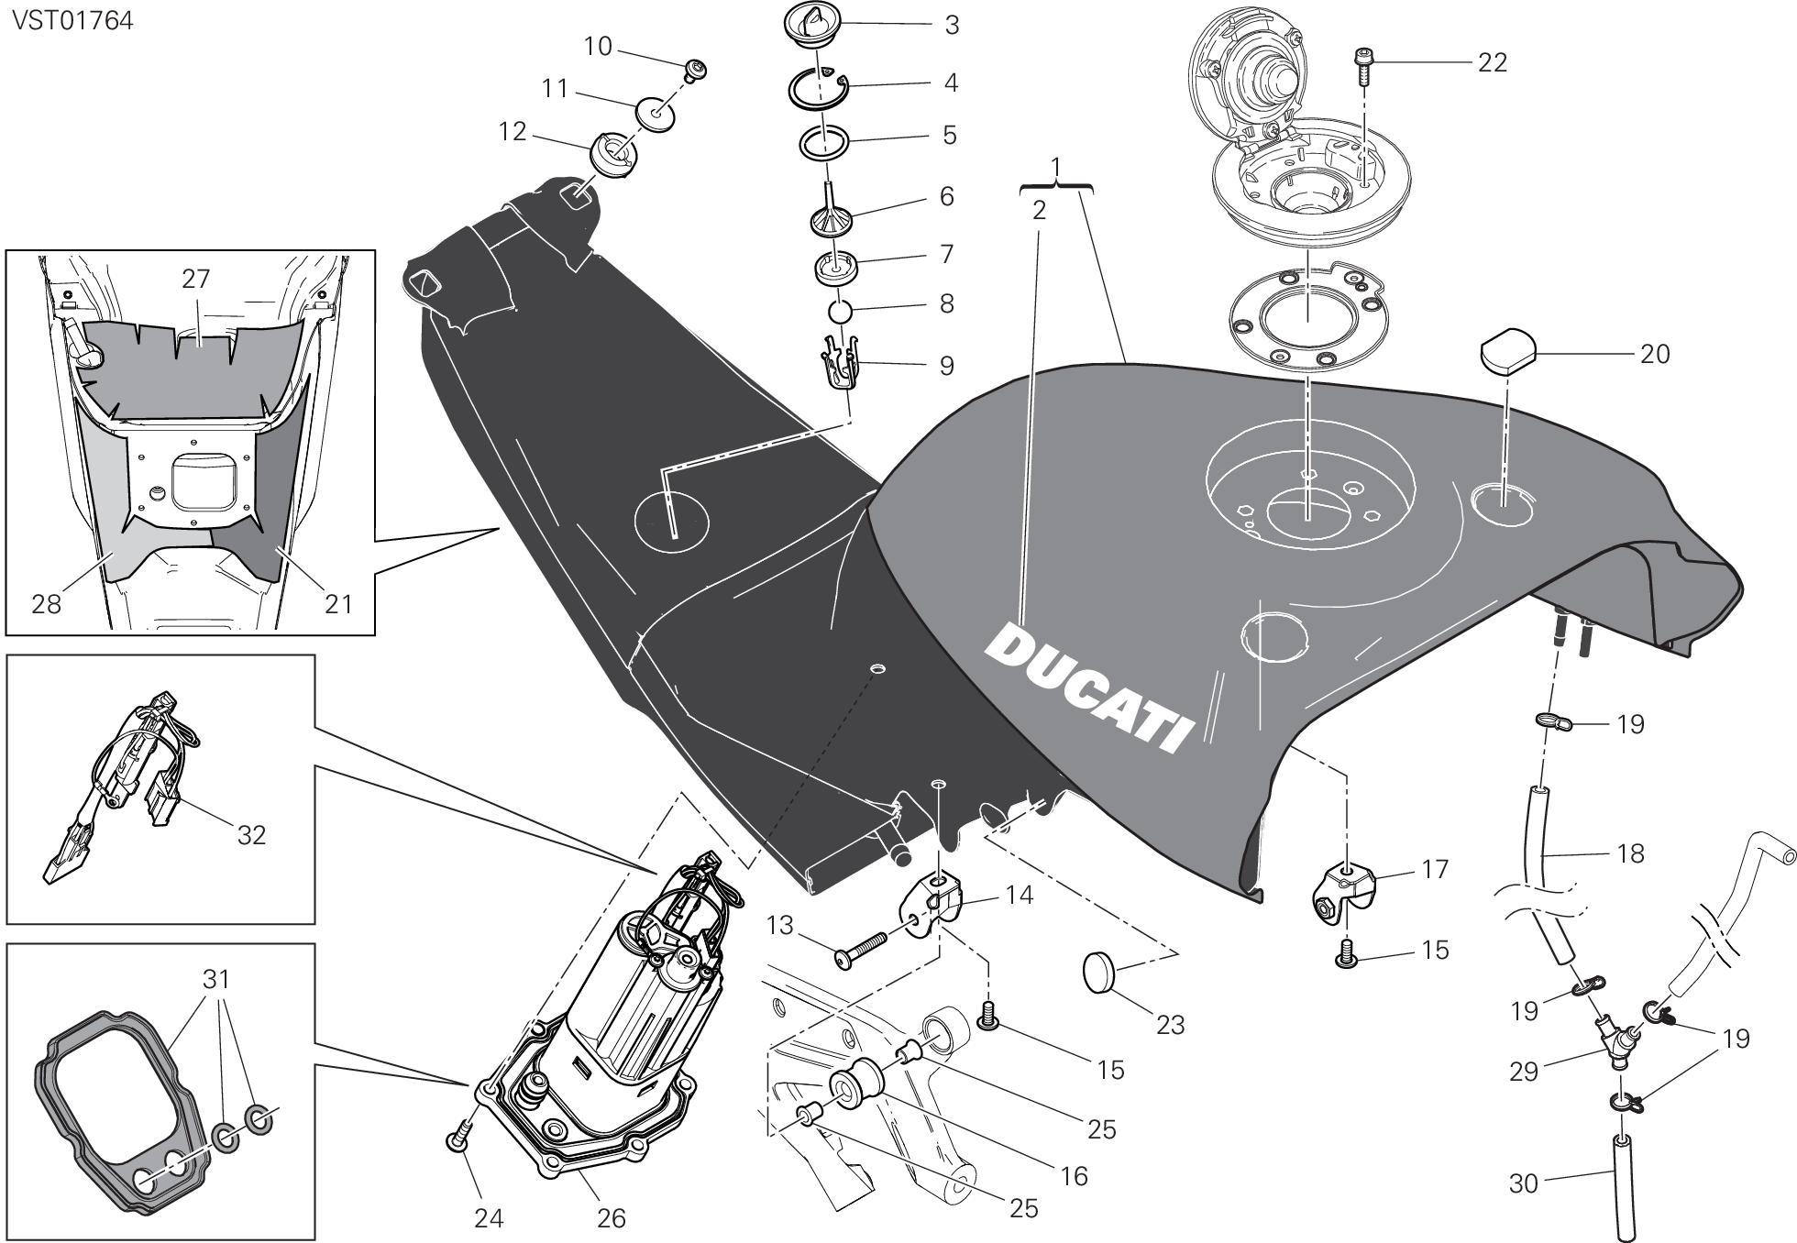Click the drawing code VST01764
(73, 20)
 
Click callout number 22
(1493, 62)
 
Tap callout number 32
(251, 835)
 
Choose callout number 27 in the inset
(196, 279)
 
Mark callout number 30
(1523, 1184)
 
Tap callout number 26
(611, 1217)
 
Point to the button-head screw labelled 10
(699, 69)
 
